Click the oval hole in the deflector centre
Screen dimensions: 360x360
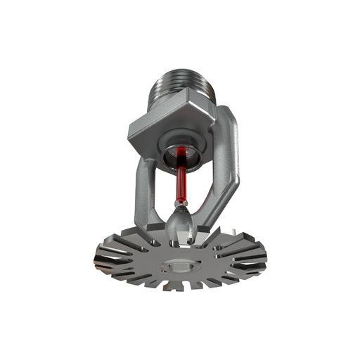tap(181, 266)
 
